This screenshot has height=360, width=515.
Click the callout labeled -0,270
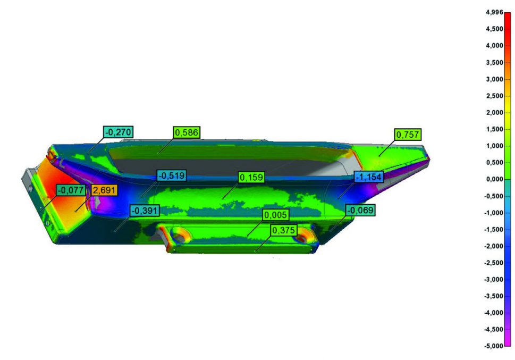(x=118, y=132)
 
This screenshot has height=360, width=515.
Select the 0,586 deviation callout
(x=187, y=132)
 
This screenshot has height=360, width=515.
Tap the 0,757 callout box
(x=407, y=135)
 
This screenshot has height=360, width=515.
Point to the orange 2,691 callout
(x=104, y=190)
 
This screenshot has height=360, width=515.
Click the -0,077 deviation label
(x=71, y=190)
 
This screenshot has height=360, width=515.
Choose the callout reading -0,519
(x=172, y=175)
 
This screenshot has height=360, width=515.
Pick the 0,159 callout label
(x=251, y=177)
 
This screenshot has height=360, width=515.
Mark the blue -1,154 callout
(x=369, y=177)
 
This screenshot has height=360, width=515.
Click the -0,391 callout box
(x=145, y=211)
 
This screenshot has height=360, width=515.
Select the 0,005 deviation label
(x=276, y=215)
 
